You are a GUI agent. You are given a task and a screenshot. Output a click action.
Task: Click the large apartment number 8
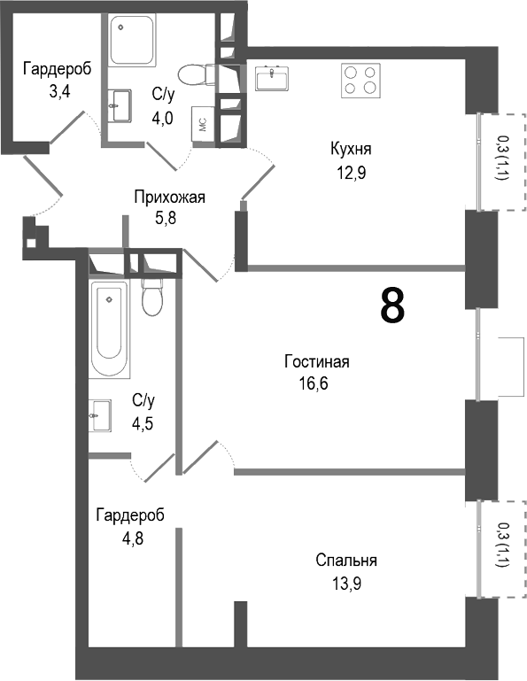pos(392,306)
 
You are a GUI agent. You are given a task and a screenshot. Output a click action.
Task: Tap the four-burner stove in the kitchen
pos(361,80)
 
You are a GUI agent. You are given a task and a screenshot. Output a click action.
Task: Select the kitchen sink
pos(272,78)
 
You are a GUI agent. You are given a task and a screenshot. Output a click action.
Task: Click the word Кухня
pos(350,150)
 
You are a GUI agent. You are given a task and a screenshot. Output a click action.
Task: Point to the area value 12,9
pos(350,173)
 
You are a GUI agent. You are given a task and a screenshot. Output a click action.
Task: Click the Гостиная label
pos(317,361)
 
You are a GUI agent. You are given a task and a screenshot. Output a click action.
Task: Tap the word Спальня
pos(346,561)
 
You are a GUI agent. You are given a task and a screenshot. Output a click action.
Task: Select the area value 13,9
pos(346,583)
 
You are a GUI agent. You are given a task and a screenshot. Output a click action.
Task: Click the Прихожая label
pos(169,197)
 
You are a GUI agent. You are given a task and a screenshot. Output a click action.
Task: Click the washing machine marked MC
pos(202,126)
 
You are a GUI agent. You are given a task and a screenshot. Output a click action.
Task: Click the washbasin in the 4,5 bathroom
pos(100,414)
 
